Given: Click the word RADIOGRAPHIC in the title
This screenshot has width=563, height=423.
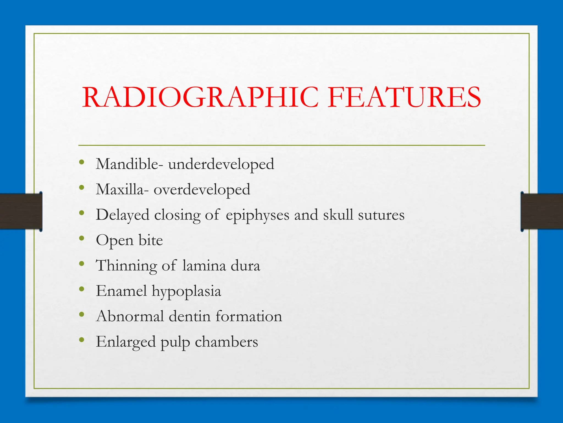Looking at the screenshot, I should pyautogui.click(x=200, y=97).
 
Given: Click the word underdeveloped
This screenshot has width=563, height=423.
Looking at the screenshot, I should pyautogui.click(x=221, y=164).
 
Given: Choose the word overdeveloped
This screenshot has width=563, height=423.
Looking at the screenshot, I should pyautogui.click(x=202, y=190).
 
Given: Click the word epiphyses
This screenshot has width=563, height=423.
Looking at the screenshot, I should pyautogui.click(x=258, y=215).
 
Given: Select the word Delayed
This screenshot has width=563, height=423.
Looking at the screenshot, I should pyautogui.click(x=122, y=215).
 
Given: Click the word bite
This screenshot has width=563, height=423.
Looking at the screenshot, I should pyautogui.click(x=151, y=240).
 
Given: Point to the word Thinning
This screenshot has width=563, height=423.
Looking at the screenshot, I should pyautogui.click(x=126, y=266).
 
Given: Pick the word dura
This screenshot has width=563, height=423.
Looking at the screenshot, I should pyautogui.click(x=245, y=266).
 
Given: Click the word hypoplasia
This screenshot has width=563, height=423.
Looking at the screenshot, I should pyautogui.click(x=186, y=291).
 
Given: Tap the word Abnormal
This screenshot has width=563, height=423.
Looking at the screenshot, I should pyautogui.click(x=130, y=316).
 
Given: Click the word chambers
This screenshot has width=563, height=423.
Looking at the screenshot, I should pyautogui.click(x=226, y=342).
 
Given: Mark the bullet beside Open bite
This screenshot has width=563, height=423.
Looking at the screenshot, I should pyautogui.click(x=81, y=238).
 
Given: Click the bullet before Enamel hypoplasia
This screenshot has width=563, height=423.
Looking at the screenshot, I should pyautogui.click(x=81, y=289).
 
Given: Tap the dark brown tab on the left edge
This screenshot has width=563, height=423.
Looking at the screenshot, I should pyautogui.click(x=21, y=211).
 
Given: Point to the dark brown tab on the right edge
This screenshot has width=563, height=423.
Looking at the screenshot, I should pyautogui.click(x=542, y=211).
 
